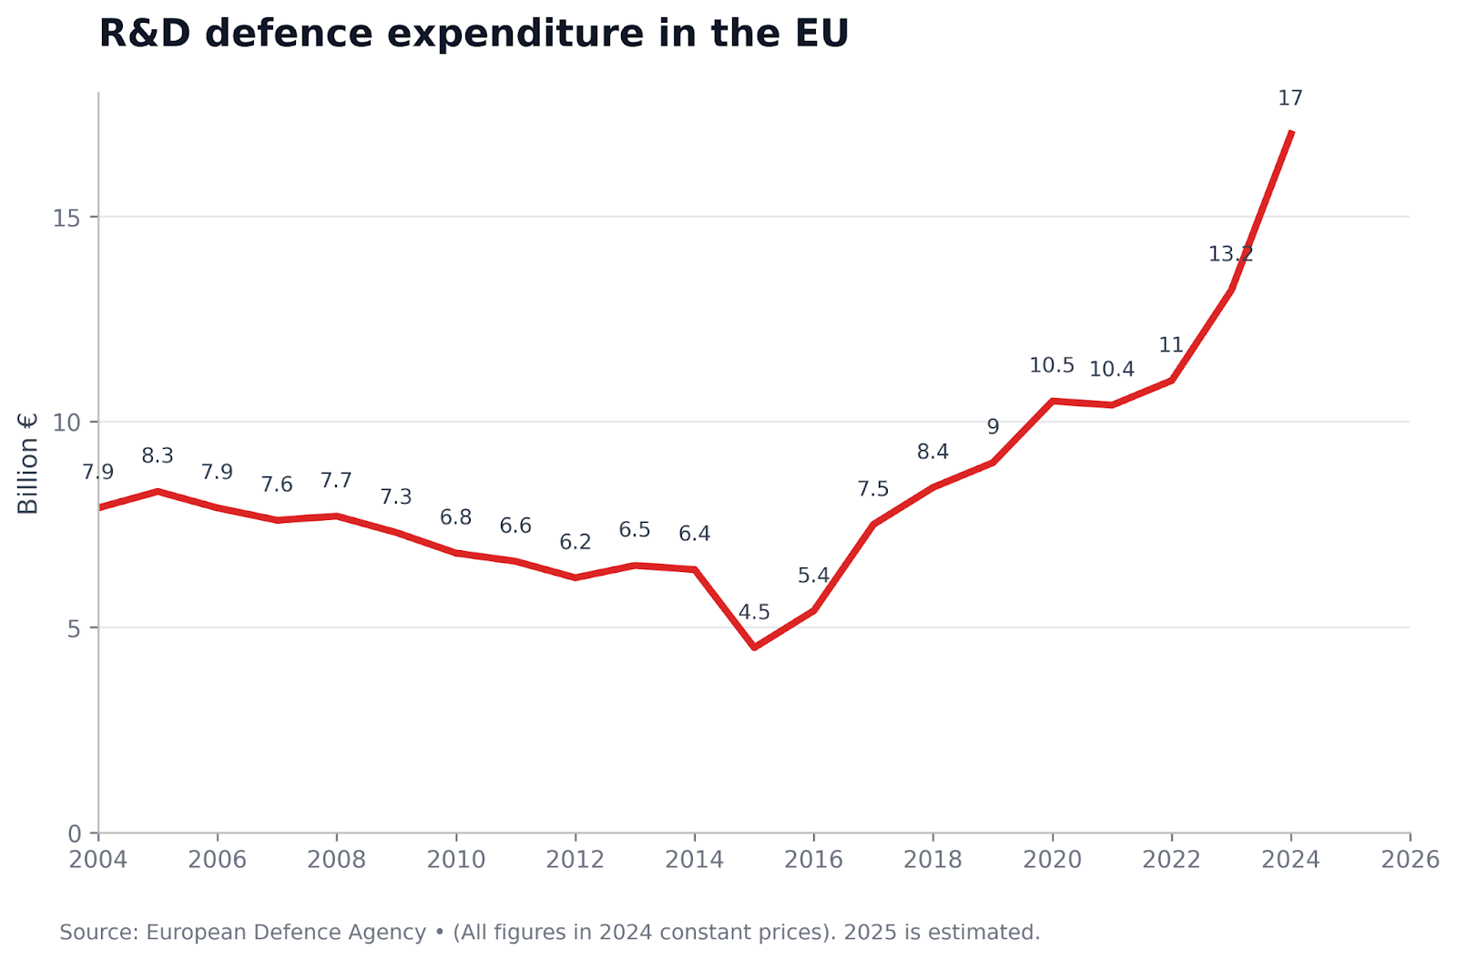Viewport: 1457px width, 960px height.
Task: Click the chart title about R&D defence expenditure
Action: click(x=474, y=35)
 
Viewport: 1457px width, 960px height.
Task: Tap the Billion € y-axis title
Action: click(x=28, y=464)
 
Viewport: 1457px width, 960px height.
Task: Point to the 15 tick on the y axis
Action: click(x=66, y=218)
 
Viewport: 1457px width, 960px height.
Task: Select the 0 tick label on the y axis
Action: click(x=75, y=833)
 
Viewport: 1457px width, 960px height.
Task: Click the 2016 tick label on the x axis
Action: click(x=813, y=860)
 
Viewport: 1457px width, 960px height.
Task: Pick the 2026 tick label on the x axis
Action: click(x=1410, y=860)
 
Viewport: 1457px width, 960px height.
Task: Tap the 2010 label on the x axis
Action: click(x=455, y=860)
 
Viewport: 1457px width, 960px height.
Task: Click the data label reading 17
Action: click(x=1290, y=98)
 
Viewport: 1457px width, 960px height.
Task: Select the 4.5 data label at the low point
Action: click(x=754, y=612)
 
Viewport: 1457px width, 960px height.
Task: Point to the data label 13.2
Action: click(x=1230, y=254)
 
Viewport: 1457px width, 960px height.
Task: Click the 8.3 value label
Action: click(x=158, y=456)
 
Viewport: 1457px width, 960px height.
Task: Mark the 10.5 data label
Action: click(x=1052, y=365)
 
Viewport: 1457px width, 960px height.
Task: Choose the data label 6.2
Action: click(x=576, y=542)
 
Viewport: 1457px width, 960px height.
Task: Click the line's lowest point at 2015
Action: click(x=754, y=648)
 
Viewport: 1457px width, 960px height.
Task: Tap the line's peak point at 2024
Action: click(x=1291, y=133)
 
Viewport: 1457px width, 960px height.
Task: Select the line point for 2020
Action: click(x=1053, y=401)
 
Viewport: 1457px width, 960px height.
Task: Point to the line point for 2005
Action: click(x=158, y=491)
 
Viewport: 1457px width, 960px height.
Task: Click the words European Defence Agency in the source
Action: click(x=286, y=933)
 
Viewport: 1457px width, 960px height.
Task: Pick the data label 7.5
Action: click(x=872, y=489)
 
